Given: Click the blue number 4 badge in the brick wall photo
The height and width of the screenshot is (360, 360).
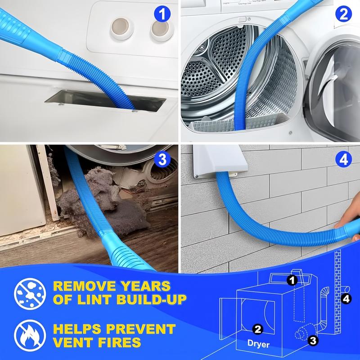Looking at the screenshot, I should [x=343, y=160].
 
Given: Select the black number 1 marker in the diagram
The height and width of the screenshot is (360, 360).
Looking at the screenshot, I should [x=292, y=281].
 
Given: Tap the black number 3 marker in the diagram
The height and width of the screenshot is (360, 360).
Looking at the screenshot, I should [x=314, y=341].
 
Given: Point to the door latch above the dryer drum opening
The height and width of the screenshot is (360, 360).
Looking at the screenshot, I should [x=243, y=20].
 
